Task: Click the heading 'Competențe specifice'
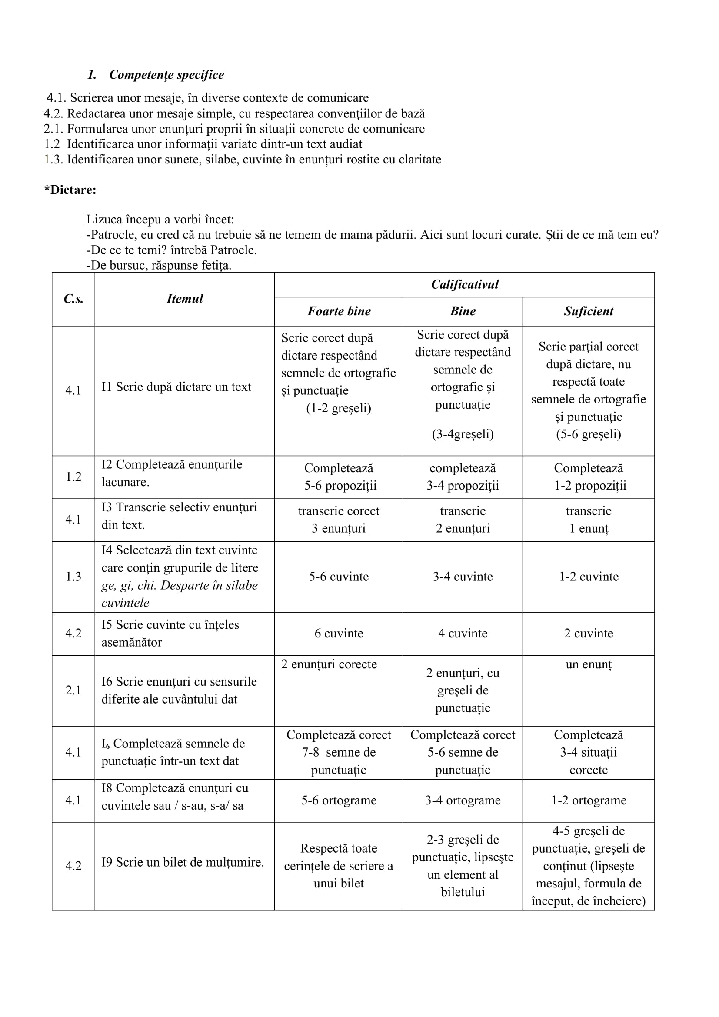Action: click(x=166, y=74)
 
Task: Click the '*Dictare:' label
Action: click(x=70, y=190)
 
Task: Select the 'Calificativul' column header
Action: click(x=464, y=284)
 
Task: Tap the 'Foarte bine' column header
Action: click(x=339, y=311)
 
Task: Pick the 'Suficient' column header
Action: click(x=589, y=311)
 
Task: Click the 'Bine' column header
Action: click(x=463, y=311)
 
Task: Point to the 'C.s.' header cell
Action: click(x=73, y=299)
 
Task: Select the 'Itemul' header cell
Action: click(x=185, y=299)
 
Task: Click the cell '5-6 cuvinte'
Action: click(x=339, y=576)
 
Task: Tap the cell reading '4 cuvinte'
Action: click(x=463, y=633)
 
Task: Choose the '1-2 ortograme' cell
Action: click(x=589, y=800)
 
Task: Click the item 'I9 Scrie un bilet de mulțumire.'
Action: click(x=183, y=862)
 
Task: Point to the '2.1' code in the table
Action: click(x=73, y=690)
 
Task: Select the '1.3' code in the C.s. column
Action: click(x=73, y=576)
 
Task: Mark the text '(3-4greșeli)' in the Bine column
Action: click(x=463, y=433)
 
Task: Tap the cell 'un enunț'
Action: click(x=589, y=664)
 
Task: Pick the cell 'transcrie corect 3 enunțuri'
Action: click(x=339, y=520)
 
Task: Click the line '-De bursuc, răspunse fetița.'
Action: click(x=159, y=265)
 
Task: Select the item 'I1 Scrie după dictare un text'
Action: click(x=176, y=387)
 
